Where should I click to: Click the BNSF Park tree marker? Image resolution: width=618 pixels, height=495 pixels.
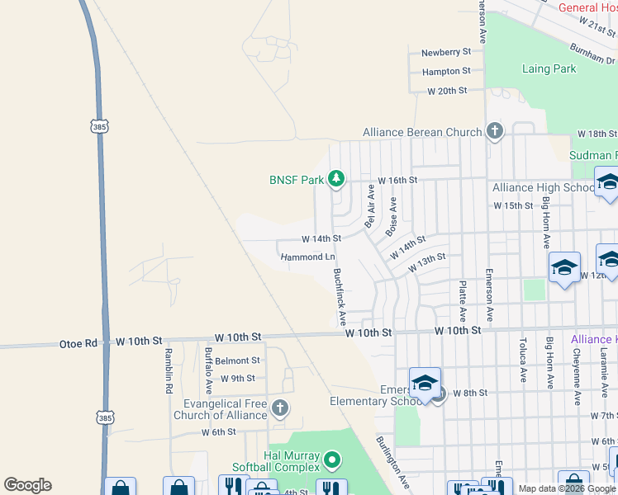tap(336, 178)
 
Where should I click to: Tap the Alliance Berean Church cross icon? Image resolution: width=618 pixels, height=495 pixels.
tap(495, 131)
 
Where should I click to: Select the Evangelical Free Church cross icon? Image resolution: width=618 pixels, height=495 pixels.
tap(280, 407)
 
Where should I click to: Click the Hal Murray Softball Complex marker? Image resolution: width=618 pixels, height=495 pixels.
tap(331, 460)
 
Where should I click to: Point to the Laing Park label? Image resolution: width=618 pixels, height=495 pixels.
tap(549, 68)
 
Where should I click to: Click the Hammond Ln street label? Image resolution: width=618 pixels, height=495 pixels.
tap(307, 257)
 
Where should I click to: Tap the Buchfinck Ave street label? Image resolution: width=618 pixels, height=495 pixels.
tap(339, 296)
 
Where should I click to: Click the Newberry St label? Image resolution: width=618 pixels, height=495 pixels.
tap(446, 53)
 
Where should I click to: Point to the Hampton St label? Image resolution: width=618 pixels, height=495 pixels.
tap(446, 73)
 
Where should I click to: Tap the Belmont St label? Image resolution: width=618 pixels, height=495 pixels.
tap(238, 361)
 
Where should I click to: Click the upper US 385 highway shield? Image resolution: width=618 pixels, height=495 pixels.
tap(99, 126)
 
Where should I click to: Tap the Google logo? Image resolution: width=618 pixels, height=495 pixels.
tap(27, 485)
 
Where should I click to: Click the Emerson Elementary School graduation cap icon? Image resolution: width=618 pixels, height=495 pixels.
tap(425, 383)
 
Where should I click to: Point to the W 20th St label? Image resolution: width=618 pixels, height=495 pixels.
tap(447, 91)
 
